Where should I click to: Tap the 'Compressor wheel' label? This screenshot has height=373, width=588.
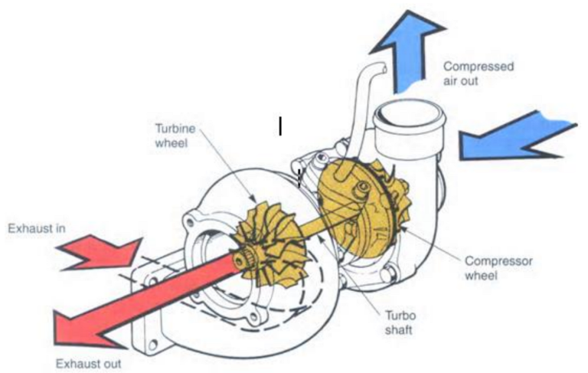click(498, 267)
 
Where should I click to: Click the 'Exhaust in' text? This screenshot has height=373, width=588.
click(34, 228)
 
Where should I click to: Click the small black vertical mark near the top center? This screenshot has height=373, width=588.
click(281, 126)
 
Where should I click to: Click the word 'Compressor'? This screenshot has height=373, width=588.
click(498, 261)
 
